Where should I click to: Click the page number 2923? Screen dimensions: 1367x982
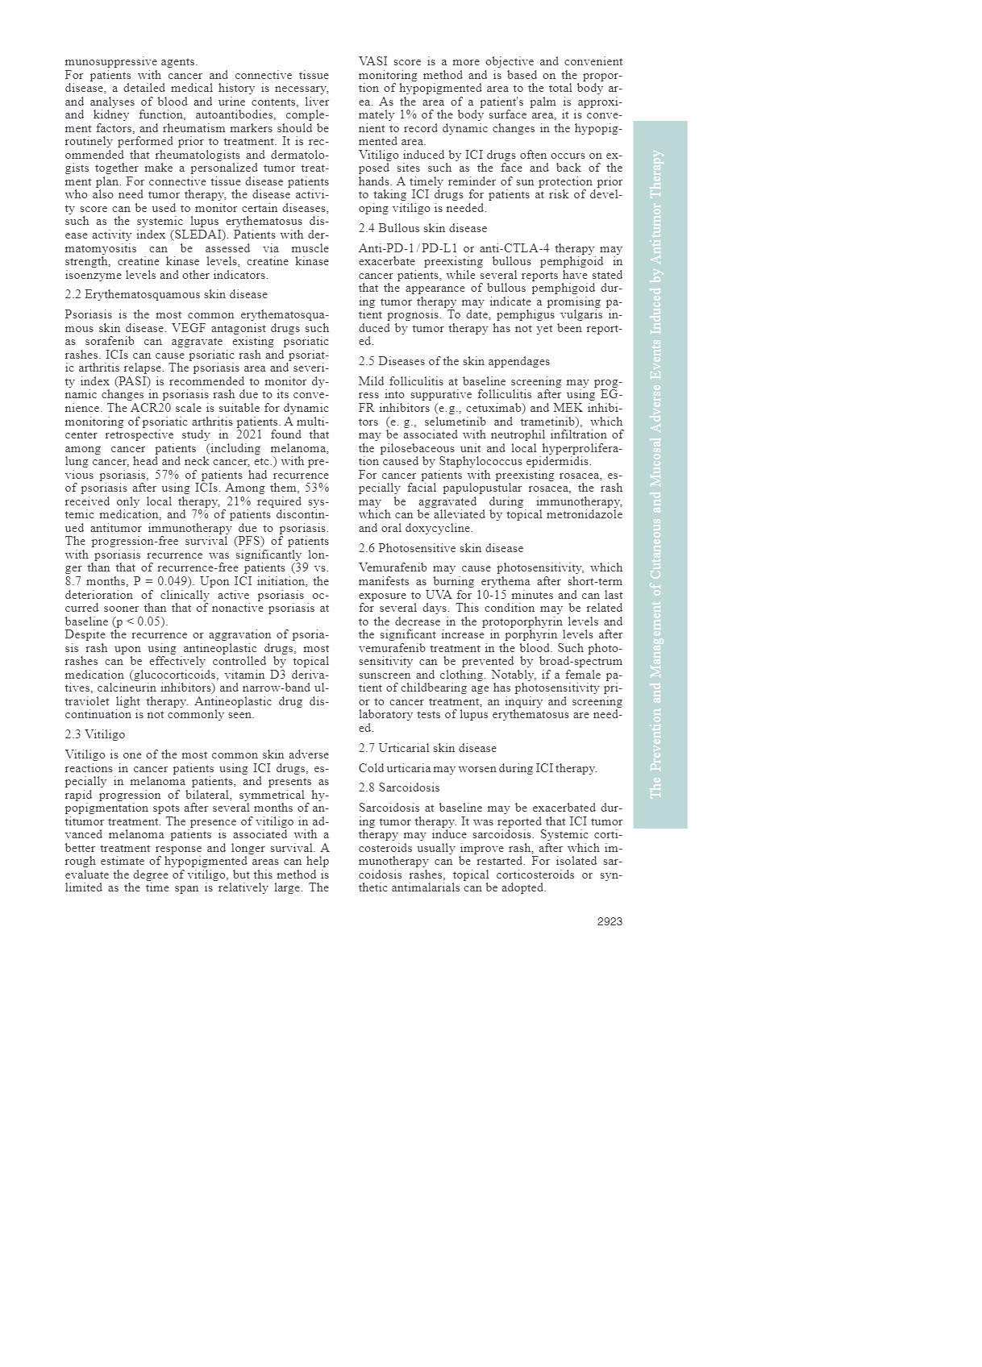coord(610,922)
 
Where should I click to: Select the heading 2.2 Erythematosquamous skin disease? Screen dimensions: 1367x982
coord(166,295)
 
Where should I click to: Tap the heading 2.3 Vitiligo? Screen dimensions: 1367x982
coord(95,735)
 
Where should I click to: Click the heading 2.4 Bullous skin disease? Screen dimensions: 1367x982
coord(422,229)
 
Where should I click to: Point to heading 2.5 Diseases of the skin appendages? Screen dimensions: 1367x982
coord(454,362)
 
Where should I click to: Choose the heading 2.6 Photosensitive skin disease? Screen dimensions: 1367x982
coord(441,548)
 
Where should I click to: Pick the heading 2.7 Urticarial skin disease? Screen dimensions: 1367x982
coord(427,748)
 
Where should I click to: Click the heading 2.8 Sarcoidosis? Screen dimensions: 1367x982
coord(399,787)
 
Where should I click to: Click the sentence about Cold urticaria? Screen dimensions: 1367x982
coord(478,768)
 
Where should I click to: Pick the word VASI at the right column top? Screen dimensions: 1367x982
coord(373,62)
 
